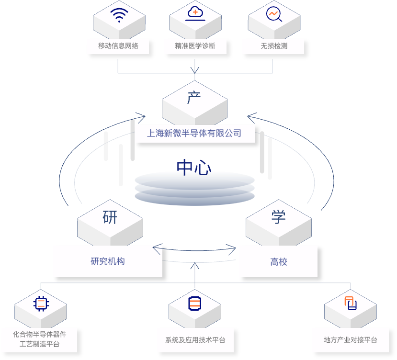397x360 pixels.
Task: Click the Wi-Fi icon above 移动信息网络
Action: pyautogui.click(x=119, y=15)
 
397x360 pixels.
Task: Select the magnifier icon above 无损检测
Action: pyautogui.click(x=274, y=15)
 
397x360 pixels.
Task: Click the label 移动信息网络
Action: pyautogui.click(x=118, y=46)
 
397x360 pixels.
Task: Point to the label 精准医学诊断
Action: pyautogui.click(x=195, y=46)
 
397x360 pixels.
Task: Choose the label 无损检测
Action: pyautogui.click(x=273, y=46)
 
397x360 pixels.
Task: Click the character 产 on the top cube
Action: pyautogui.click(x=194, y=98)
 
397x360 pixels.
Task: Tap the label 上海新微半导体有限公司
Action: pyautogui.click(x=194, y=134)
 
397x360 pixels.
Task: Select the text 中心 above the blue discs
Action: pyautogui.click(x=193, y=168)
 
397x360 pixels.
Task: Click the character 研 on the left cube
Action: pyautogui.click(x=110, y=217)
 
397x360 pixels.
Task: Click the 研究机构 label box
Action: pyautogui.click(x=108, y=261)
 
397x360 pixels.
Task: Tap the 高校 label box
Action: pyautogui.click(x=278, y=261)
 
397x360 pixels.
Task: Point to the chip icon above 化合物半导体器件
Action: pyautogui.click(x=41, y=304)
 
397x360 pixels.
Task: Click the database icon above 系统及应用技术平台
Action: pyautogui.click(x=195, y=304)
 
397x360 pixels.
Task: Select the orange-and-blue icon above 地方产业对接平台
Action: pyautogui.click(x=351, y=304)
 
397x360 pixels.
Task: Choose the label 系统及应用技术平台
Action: pyautogui.click(x=195, y=340)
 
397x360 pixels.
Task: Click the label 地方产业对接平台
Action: pyautogui.click(x=351, y=340)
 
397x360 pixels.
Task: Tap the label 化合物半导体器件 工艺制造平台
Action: pyautogui.click(x=39, y=339)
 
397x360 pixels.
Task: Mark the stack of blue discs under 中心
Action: pyautogui.click(x=194, y=188)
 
